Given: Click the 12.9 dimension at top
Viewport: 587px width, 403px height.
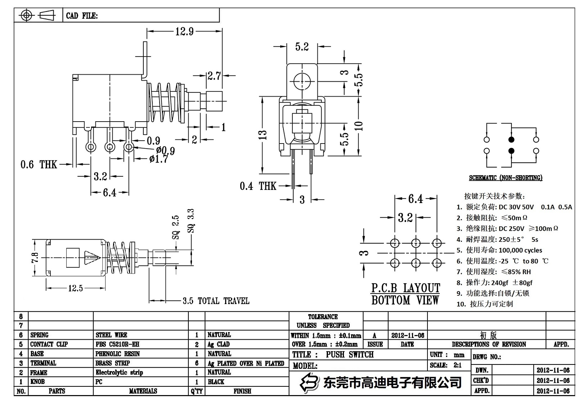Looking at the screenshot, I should pos(184,32).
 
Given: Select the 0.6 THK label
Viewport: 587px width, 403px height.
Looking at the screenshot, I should pos(39,165).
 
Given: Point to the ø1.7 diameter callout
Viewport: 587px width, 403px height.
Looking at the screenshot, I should pos(158,159).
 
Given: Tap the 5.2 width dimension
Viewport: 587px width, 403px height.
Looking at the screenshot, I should pos(302,47).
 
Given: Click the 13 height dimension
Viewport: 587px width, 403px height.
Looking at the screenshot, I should pos(263,135).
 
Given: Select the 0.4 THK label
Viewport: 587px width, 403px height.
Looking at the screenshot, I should pos(258,186).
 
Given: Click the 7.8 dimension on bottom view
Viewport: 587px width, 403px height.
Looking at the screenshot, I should pos(35,258).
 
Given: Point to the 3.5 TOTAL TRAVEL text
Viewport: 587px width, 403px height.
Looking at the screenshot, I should pos(216,301).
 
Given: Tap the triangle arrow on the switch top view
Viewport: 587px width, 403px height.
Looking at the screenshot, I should pos(91,258).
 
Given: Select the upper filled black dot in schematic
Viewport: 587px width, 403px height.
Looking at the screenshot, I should pos(511,140).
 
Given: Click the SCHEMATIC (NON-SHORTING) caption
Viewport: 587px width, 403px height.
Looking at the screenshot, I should pos(505,178).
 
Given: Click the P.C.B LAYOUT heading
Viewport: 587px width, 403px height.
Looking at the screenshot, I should pos(405,288).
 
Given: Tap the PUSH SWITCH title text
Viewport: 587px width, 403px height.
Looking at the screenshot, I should pos(349,354).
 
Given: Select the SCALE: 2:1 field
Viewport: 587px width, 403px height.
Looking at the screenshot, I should pos(445,365).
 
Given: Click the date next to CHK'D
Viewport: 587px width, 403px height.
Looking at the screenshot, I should pos(553,380).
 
